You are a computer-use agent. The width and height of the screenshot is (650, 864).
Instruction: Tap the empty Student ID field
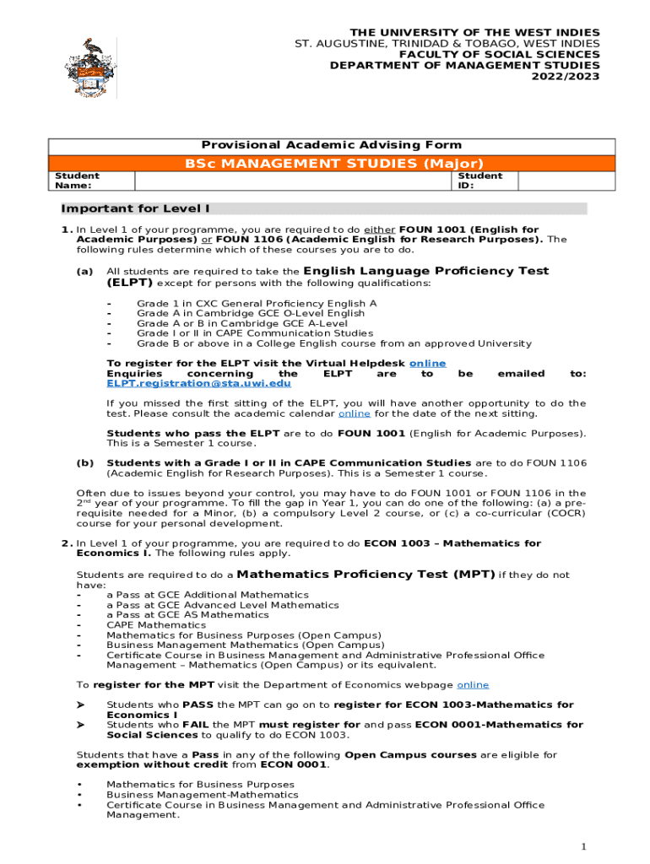(554, 181)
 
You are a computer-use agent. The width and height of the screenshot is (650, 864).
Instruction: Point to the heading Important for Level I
(135, 208)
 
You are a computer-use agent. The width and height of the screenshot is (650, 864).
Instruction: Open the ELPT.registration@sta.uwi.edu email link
(198, 383)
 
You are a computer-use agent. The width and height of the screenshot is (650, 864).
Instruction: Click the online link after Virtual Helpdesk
(427, 363)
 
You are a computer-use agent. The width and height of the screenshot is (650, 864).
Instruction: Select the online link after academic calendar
(354, 413)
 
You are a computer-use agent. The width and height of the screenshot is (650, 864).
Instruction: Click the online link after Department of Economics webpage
(473, 685)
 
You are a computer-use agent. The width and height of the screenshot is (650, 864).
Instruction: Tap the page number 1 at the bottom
(582, 846)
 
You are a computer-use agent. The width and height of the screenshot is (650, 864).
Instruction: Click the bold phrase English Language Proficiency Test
(425, 271)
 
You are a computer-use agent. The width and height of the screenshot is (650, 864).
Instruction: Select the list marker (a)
(84, 272)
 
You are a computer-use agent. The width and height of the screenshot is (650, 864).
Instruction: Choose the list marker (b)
(84, 463)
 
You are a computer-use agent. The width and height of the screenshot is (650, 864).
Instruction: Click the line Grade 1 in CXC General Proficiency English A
(257, 303)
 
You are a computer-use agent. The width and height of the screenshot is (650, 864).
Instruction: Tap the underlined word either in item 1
(379, 229)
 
